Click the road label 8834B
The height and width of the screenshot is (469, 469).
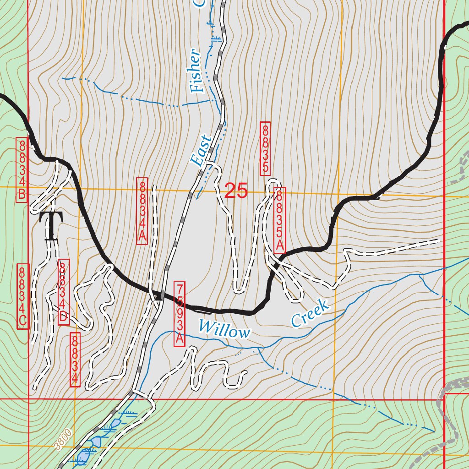22,170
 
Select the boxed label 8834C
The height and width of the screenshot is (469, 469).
22,296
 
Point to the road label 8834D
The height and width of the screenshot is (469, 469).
64,292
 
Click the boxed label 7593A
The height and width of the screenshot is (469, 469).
180,314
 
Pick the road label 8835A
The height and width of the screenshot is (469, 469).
279,220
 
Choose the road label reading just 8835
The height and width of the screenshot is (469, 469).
265,148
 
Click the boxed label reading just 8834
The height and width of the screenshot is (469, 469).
75,360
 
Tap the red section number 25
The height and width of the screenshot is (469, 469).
236,191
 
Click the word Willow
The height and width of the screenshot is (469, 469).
224,330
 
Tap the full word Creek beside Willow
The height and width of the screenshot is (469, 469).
311,314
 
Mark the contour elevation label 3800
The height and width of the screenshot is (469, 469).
63,439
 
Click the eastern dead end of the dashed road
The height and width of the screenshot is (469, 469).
438,240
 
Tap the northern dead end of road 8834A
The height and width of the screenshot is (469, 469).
154,186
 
